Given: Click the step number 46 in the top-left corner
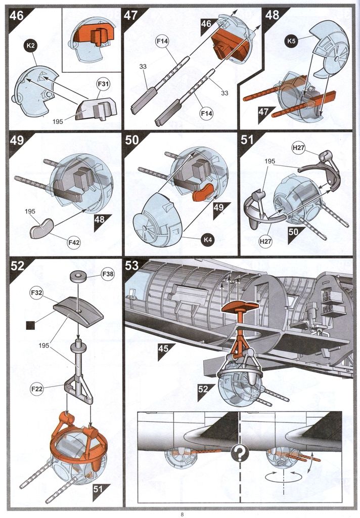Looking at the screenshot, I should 17,16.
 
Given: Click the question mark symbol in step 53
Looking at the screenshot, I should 239,454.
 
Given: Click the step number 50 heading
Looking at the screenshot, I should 132,140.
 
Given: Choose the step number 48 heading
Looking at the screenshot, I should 272,15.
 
